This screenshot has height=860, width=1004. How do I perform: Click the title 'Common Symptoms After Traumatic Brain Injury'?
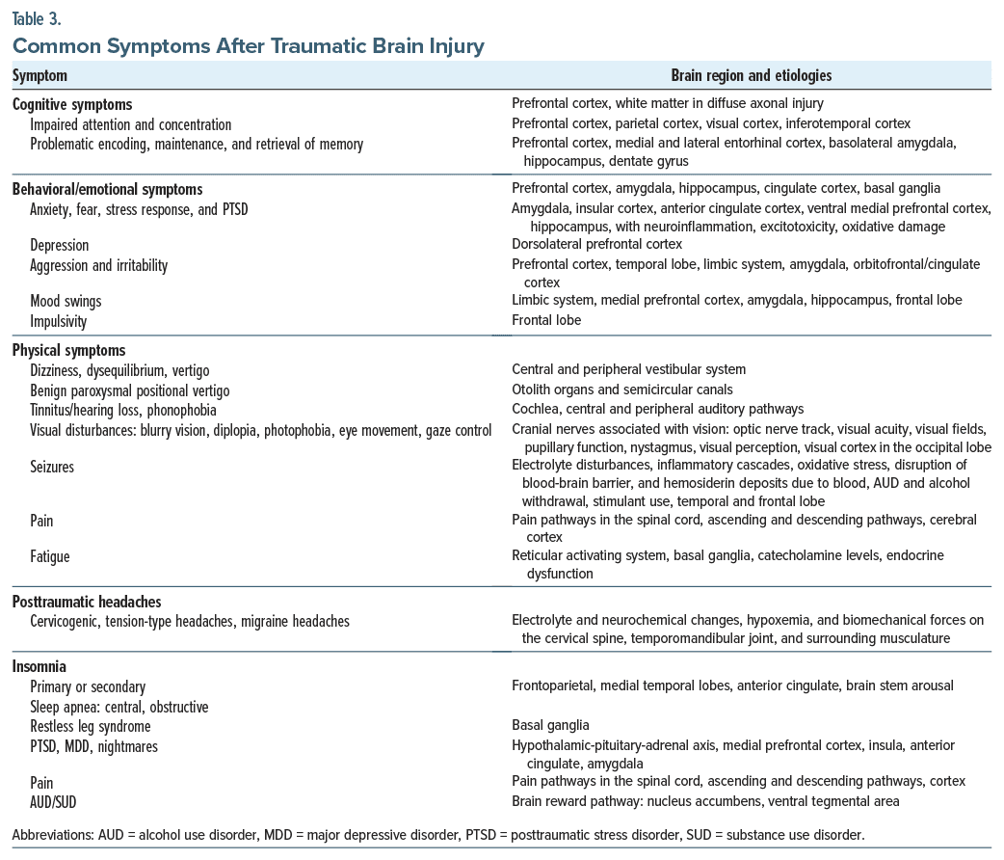tap(248, 44)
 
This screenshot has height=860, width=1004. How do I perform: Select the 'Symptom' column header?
tap(40, 75)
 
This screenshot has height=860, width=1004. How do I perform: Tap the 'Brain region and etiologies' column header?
tap(751, 75)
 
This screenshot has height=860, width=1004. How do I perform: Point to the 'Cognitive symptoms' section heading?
tap(72, 104)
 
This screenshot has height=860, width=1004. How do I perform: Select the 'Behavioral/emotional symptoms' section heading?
tap(107, 189)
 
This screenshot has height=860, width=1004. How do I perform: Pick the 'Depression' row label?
tap(59, 245)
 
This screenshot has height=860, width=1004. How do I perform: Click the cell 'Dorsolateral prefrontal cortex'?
tap(596, 245)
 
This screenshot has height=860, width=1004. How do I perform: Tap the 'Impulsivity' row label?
tap(58, 320)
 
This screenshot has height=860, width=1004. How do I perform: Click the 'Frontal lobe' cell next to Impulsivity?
tap(546, 320)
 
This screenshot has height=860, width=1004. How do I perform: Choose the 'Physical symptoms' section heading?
tap(68, 350)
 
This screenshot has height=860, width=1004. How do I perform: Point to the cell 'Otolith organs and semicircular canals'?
tap(622, 390)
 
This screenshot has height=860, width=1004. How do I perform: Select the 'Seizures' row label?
tap(52, 467)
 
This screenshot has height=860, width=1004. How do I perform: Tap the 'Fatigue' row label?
tap(50, 557)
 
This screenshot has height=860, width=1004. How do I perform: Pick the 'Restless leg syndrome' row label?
tap(91, 726)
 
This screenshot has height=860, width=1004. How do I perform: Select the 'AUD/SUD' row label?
tap(56, 801)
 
